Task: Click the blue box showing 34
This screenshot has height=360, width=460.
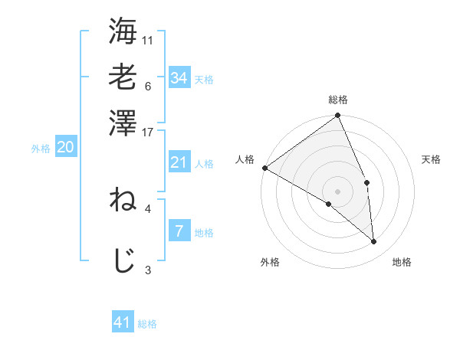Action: click(179, 77)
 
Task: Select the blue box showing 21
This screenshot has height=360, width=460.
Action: click(179, 162)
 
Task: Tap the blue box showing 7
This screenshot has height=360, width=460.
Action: click(179, 231)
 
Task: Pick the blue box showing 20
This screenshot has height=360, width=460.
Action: click(65, 148)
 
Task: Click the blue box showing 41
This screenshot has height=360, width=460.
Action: click(123, 322)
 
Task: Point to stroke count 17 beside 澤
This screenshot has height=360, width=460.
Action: click(148, 132)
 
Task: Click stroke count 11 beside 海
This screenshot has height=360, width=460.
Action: click(148, 40)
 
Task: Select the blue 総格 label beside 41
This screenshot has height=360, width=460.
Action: click(147, 324)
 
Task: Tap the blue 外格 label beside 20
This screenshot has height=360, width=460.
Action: click(41, 149)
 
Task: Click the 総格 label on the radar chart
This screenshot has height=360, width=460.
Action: click(338, 100)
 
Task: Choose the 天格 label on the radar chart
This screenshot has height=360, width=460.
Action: click(432, 159)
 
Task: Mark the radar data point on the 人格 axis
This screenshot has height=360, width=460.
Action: click(264, 168)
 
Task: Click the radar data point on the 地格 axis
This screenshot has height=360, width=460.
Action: click(374, 242)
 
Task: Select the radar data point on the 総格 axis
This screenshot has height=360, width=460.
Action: click(338, 116)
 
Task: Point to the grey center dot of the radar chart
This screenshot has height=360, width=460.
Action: click(338, 190)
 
